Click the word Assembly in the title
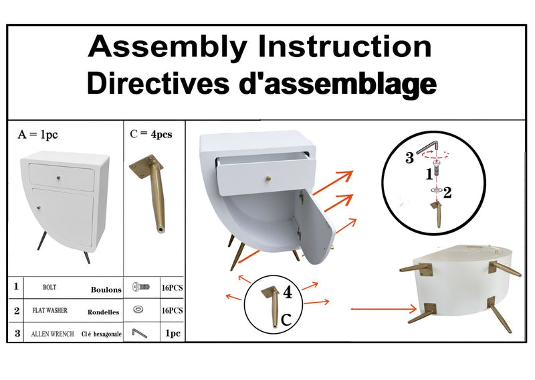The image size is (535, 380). point(168,48)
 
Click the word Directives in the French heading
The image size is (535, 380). point(158,83)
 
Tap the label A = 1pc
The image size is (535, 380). point(37,135)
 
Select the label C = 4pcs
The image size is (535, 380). point(151,134)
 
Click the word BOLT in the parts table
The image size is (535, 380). point(49,288)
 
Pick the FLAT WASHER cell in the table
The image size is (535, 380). point(49,310)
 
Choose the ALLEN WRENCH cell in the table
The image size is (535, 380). point(53,334)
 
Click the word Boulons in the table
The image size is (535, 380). point(106,290)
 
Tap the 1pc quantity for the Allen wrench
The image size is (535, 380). point(173,333)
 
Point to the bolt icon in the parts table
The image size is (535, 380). point(141,287)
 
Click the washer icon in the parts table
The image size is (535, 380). point(138,309)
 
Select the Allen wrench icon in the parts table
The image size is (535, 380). point(140,333)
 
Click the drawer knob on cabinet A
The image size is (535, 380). point(59,178)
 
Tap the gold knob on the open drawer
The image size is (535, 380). point(269,178)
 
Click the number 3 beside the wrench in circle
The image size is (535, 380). point(409,158)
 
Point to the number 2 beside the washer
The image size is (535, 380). point(447,192)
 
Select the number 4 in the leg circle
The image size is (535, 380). point(288,293)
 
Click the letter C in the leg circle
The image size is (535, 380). point(286,320)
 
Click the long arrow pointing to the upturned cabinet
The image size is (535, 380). point(383,309)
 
